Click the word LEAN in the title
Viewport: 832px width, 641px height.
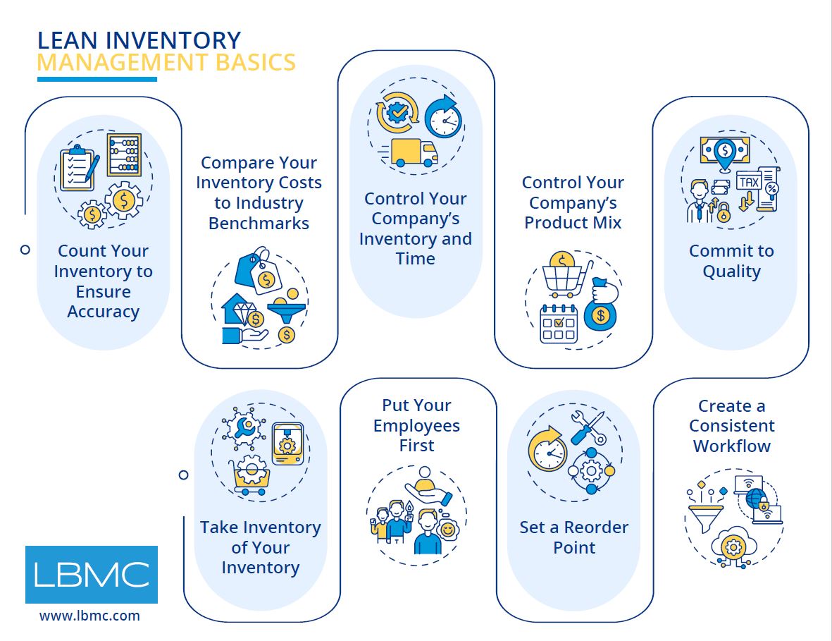(x=63, y=40)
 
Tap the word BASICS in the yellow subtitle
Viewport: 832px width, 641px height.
(x=257, y=63)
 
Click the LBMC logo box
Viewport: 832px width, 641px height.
(x=92, y=575)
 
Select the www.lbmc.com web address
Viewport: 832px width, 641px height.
(x=89, y=616)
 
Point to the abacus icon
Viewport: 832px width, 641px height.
(x=124, y=154)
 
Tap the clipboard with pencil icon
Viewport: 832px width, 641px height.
(x=78, y=169)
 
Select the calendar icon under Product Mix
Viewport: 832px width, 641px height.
(x=559, y=324)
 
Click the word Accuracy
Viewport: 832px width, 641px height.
(x=103, y=312)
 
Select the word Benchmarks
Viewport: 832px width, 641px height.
(x=259, y=224)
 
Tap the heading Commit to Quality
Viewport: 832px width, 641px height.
(x=731, y=261)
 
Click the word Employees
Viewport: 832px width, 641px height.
(x=416, y=425)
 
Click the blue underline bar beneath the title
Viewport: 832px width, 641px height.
(x=97, y=79)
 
